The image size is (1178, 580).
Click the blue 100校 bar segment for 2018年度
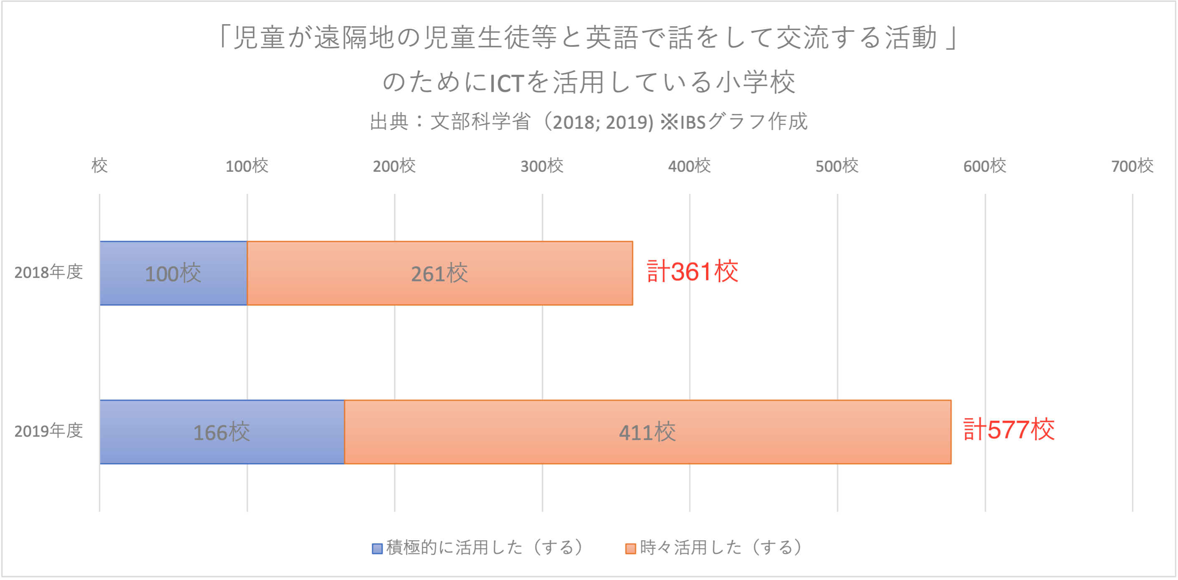point(173,273)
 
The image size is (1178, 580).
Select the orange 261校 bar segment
point(439,273)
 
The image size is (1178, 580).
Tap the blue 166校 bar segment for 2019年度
point(222,432)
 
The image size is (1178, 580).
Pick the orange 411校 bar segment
point(647,432)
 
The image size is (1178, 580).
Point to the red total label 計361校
point(692,271)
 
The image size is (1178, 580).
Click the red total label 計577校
point(1009,430)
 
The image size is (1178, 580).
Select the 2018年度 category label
point(48,272)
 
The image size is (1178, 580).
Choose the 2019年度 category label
point(48,431)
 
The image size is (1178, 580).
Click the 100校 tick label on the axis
point(247,166)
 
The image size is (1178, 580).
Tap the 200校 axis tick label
point(394,166)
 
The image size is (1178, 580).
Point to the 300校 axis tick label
point(542,166)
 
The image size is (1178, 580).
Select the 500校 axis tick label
point(837,166)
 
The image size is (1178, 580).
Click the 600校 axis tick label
point(984,166)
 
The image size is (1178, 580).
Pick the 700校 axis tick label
point(1132,166)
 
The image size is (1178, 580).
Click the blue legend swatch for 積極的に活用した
point(377,548)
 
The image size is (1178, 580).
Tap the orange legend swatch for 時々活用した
point(631,548)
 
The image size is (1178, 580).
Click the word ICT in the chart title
point(506,84)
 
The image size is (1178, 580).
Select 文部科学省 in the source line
point(480,122)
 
